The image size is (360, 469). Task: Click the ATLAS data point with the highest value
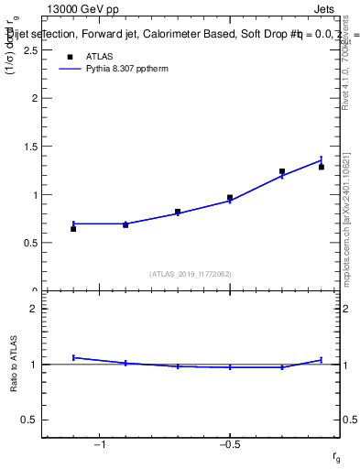282,171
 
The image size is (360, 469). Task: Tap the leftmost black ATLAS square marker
73,228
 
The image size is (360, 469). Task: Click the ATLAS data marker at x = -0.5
230,197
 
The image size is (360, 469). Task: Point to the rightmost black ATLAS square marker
322,167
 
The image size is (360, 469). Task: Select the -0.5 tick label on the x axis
229,445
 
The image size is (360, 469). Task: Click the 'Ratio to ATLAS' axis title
13,364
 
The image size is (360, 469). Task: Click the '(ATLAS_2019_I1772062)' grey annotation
191,273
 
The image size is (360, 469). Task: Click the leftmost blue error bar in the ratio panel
73,357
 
